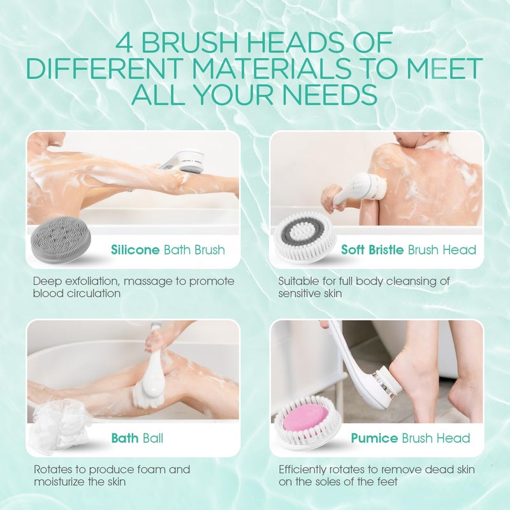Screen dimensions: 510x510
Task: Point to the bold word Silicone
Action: [135, 249]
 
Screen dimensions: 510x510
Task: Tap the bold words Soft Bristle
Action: [372, 249]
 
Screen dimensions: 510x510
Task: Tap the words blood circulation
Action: [76, 293]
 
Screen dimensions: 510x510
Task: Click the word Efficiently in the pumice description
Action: [305, 470]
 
